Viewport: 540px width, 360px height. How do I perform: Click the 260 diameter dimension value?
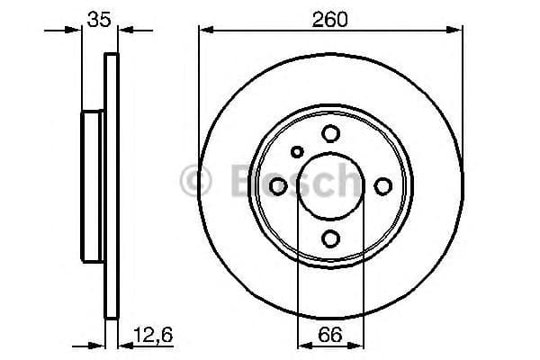tap(330, 18)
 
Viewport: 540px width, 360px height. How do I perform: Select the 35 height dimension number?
tap(100, 18)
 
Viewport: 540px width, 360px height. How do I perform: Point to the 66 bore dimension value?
tap(330, 334)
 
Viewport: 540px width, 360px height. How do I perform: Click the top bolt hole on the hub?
tap(330, 133)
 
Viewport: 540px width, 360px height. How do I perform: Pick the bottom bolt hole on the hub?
tap(330, 238)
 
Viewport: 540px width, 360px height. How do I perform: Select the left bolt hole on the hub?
tap(278, 185)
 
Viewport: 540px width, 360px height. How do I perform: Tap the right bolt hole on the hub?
tap(382, 185)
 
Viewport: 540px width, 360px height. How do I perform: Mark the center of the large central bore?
tap(330, 185)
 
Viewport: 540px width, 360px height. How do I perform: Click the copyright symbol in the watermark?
tap(195, 180)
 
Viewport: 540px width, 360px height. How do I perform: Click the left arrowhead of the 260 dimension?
tap(204, 32)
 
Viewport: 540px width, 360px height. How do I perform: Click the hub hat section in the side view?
tap(94, 185)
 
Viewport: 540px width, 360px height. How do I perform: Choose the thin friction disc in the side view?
tap(112, 185)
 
